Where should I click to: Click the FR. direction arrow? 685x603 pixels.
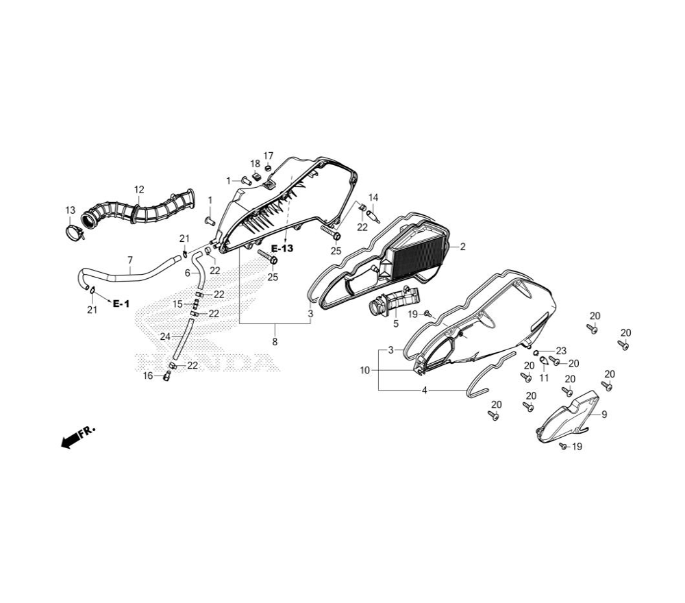(78, 437)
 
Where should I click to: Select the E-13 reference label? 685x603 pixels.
(282, 249)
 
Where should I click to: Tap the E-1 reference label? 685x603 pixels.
(121, 304)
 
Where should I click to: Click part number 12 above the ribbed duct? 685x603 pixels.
(139, 190)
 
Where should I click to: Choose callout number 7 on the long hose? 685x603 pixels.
(130, 260)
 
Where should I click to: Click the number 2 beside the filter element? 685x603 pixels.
(462, 247)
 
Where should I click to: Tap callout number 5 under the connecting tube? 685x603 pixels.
(396, 324)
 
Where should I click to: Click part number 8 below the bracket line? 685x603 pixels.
(275, 342)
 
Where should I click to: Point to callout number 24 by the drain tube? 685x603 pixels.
(165, 336)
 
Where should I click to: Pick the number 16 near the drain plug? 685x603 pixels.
(148, 376)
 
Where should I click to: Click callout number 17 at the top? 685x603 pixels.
(269, 156)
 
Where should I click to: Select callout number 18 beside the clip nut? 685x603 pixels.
(255, 164)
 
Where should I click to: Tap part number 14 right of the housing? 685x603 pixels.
(373, 197)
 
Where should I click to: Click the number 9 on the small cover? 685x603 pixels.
(604, 415)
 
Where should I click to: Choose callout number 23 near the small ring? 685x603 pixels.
(561, 351)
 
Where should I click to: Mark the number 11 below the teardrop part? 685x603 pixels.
(544, 378)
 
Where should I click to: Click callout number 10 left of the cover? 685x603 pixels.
(365, 371)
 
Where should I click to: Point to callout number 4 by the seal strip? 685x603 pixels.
(425, 390)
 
